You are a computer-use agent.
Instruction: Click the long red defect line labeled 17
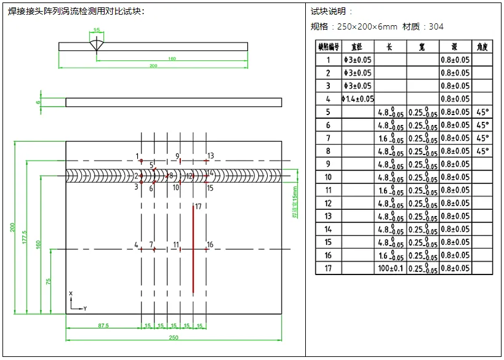point(193,249)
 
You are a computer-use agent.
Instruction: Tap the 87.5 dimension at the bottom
point(103,326)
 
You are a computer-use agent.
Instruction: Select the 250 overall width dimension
point(174,337)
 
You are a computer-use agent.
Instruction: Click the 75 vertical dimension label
point(48,281)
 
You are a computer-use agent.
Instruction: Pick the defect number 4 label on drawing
point(137,245)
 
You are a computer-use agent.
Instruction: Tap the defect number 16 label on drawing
point(210,245)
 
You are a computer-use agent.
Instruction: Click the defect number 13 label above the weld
point(210,156)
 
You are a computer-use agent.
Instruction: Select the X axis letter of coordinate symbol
point(71,294)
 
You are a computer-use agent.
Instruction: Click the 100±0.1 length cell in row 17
point(390,268)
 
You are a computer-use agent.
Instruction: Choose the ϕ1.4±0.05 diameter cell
point(358,99)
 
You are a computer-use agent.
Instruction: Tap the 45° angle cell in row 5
point(482,112)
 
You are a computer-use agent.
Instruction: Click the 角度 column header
point(482,47)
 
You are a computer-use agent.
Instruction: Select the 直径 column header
point(357,47)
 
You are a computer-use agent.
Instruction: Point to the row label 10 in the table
point(328,177)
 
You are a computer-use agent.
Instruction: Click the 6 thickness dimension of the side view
point(38,102)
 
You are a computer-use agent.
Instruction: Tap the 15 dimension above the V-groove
point(97,30)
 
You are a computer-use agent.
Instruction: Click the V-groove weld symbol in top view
point(97,45)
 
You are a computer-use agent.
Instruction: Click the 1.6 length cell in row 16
point(390,255)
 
